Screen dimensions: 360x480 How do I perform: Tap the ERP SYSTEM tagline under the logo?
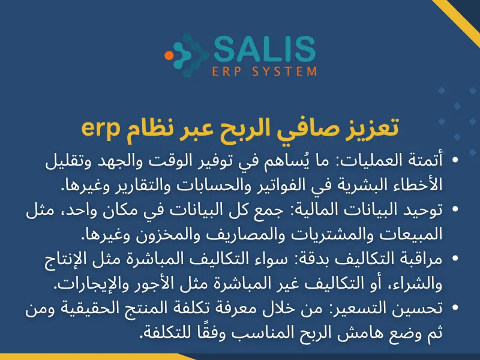coord(265,71)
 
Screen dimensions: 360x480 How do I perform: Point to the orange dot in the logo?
coord(169,55)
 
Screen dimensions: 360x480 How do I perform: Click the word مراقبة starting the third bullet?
coord(419,257)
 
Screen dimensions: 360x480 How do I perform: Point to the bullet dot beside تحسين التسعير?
coord(457,308)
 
